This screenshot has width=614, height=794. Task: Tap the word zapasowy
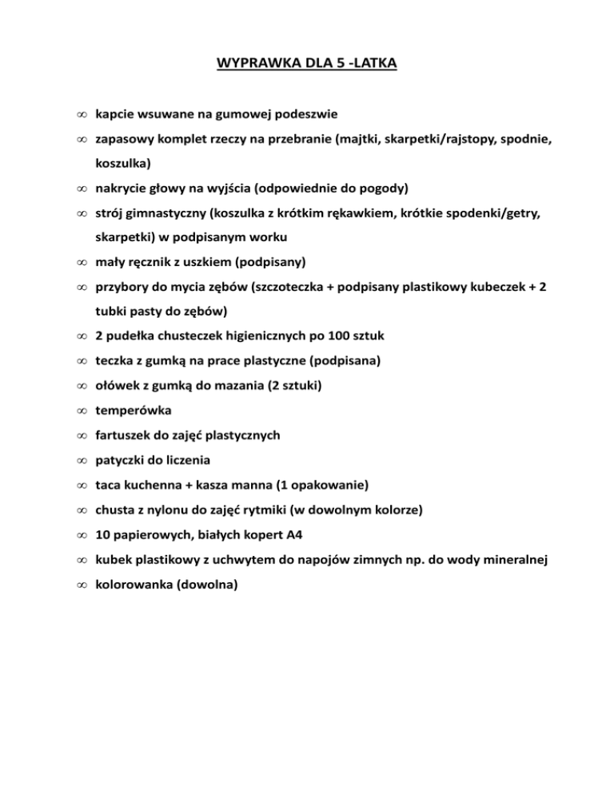click(124, 140)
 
